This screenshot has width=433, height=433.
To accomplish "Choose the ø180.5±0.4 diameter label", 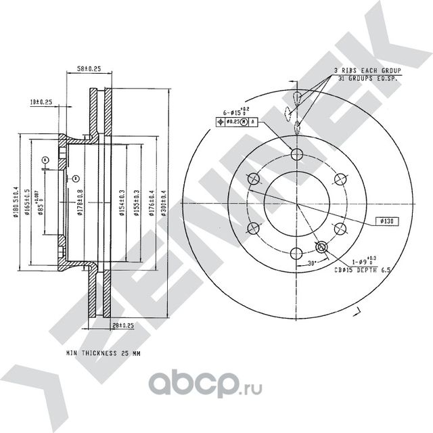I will [x=16, y=202].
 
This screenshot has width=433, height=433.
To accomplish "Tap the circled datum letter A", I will [x=45, y=160].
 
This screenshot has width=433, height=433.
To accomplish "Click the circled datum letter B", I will [x=76, y=178].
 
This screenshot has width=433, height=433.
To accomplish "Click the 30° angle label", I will [x=311, y=263].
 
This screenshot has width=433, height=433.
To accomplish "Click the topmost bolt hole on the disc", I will [x=296, y=154].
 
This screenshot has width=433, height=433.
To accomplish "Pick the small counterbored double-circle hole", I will [x=322, y=248].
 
